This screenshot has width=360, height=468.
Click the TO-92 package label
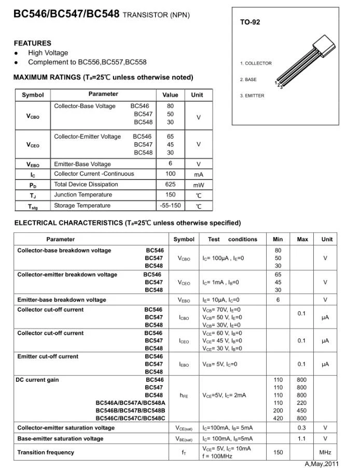(250, 22)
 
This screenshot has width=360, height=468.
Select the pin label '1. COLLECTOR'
(256, 63)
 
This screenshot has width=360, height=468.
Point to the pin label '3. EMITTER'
(252, 96)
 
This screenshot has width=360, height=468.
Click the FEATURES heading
(33, 43)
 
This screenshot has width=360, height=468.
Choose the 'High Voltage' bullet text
(48, 53)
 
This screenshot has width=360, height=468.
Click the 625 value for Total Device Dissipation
(170, 184)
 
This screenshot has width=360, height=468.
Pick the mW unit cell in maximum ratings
(199, 185)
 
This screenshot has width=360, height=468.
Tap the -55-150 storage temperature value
(170, 205)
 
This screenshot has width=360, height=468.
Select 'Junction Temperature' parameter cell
(83, 195)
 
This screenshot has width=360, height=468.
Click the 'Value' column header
(170, 95)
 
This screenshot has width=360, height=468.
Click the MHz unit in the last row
(325, 452)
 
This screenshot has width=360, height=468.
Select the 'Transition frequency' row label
(46, 452)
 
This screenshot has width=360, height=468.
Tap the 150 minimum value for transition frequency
(278, 452)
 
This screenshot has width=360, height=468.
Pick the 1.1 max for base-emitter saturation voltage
(302, 438)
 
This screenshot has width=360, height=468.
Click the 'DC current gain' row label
(38, 380)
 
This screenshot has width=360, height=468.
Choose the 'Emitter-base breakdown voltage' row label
(62, 300)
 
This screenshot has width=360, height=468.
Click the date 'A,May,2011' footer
(322, 464)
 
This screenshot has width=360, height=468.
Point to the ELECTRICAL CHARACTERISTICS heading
(127, 223)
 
